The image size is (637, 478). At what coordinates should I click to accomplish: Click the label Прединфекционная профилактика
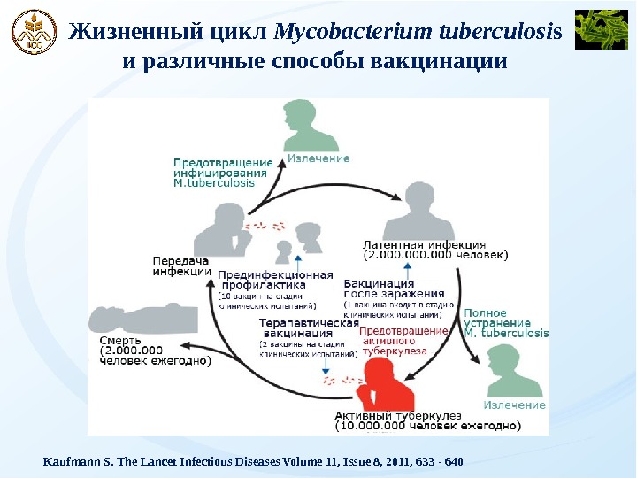point(275,280)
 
